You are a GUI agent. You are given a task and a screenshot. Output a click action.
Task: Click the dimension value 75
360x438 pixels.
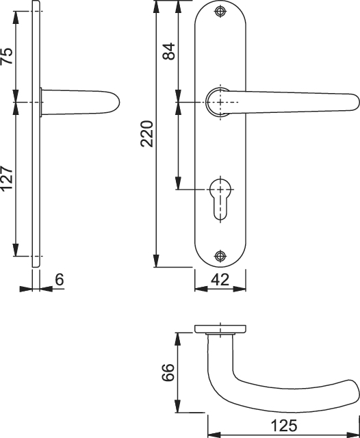[8, 56]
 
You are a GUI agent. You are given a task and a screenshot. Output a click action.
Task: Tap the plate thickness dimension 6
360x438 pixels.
[60, 279]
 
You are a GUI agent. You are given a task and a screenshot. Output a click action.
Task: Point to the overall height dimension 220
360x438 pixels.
[147, 134]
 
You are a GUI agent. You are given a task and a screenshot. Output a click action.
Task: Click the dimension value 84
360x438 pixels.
[169, 51]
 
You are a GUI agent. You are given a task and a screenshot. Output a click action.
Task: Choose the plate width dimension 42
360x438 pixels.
[220, 279]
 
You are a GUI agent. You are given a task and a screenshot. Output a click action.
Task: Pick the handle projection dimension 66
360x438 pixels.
[168, 372]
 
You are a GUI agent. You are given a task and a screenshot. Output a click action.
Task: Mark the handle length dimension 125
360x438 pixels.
[284, 426]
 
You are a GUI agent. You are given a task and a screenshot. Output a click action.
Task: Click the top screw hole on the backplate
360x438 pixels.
[220, 12]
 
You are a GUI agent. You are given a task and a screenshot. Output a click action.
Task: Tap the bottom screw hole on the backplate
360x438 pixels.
[220, 255]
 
